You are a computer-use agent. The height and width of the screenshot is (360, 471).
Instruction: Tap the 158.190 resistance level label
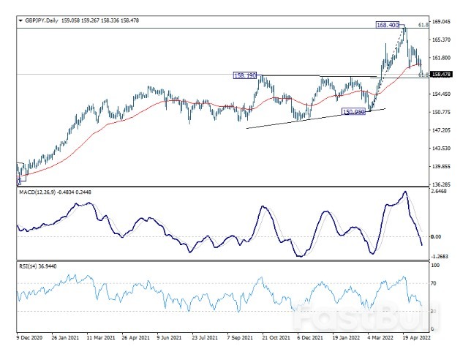[244, 75]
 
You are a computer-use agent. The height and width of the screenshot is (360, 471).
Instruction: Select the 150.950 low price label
[354, 112]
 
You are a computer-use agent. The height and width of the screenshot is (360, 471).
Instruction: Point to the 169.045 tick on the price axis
[440, 22]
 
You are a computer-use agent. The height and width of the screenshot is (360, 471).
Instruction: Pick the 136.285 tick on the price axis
[440, 184]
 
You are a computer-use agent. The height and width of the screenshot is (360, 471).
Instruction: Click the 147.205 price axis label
[440, 130]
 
